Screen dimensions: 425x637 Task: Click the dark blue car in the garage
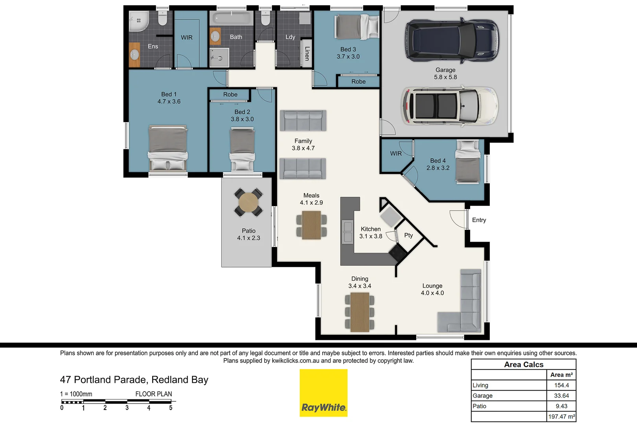coord(452,40)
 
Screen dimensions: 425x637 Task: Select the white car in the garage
coord(449,106)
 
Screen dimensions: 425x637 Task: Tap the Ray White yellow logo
coord(323,393)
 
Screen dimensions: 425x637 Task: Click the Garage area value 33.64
coord(561,395)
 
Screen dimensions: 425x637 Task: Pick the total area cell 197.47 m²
coord(561,416)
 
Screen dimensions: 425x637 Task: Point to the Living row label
coord(480,385)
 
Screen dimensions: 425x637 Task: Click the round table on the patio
coord(249,203)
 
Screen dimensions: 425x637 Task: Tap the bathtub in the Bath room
coord(231,18)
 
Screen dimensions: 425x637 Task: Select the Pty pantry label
coord(408,235)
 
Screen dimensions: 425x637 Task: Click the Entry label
coord(479,220)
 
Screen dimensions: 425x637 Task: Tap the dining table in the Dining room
coord(360,312)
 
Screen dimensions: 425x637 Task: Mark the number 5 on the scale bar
coord(171,408)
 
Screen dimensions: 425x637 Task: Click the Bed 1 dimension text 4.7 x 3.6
coord(169,102)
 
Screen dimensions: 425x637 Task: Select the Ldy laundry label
coord(290,37)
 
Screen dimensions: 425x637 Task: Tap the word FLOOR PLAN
coord(153,394)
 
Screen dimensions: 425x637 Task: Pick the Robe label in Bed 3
coord(358,81)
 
